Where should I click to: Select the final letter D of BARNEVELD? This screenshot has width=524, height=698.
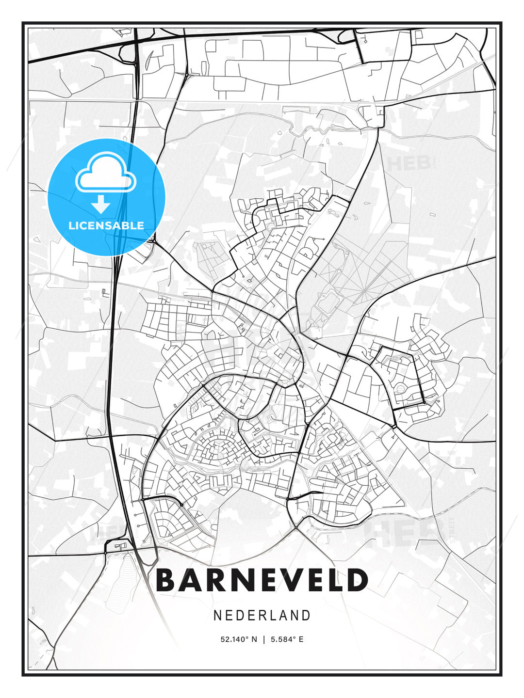coord(358,580)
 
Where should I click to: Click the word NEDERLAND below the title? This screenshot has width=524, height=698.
coord(262,615)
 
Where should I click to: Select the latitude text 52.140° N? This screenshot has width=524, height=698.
coord(239,639)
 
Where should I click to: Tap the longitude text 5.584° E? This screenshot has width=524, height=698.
coord(287,639)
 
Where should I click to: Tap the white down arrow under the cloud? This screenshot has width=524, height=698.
coord(100,205)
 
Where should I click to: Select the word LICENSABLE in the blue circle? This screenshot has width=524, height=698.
coord(106,225)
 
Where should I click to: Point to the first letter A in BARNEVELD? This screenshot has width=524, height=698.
coord(190,580)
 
